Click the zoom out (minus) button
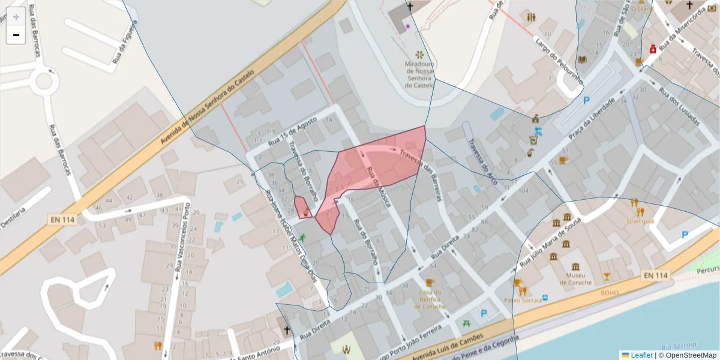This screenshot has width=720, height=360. [x=16, y=35]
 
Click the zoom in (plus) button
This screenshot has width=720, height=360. [x=16, y=17]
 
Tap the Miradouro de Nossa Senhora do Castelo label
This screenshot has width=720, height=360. [x=419, y=75]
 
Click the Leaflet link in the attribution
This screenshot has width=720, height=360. [x=641, y=355]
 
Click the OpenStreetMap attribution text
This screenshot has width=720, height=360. [x=687, y=355]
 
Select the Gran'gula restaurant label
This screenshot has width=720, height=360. [x=640, y=221]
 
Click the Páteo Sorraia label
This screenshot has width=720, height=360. [x=519, y=299]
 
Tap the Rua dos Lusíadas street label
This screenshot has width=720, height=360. [x=679, y=107]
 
